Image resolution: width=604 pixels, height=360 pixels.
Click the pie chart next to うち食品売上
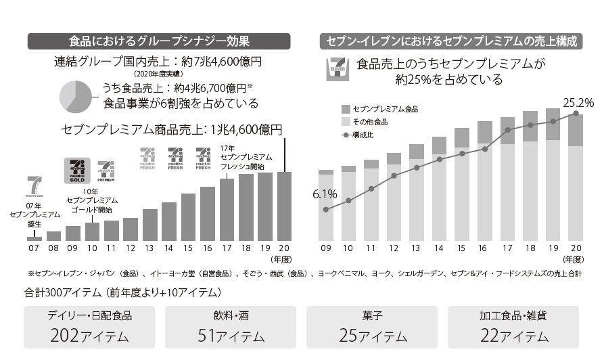click(79, 97)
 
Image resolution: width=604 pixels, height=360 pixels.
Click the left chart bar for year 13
click(150, 225)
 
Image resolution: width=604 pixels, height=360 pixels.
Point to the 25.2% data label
click(578, 103)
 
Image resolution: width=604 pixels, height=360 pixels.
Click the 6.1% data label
click(325, 195)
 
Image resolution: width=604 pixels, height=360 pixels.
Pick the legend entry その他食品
click(370, 122)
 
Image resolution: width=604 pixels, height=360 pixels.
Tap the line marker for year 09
click(326, 210)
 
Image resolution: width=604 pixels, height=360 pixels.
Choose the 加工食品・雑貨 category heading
click(513, 315)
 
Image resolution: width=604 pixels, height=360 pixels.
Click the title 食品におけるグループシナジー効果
click(160, 41)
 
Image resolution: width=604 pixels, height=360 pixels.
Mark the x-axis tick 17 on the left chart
click(227, 248)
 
